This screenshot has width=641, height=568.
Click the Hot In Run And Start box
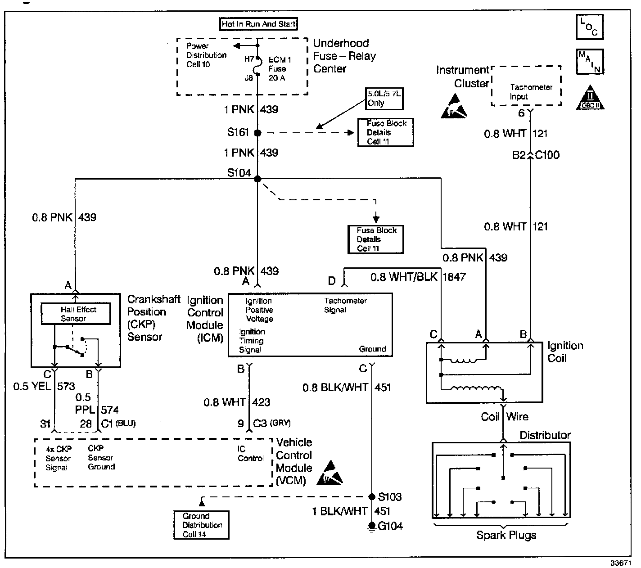point(259,24)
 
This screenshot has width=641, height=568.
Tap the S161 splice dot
point(257,133)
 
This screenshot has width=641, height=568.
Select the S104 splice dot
point(257,179)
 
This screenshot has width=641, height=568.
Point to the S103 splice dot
point(372,497)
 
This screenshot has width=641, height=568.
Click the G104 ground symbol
point(372,526)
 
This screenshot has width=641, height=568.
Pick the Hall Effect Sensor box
point(76,314)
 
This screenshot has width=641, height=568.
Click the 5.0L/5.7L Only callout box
point(384,99)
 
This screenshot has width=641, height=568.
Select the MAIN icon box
point(590,61)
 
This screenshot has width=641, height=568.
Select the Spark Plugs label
point(506,535)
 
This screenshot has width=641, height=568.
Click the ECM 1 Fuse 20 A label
point(280,69)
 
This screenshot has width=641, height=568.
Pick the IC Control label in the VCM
point(250,454)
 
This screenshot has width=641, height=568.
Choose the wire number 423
point(262,402)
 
